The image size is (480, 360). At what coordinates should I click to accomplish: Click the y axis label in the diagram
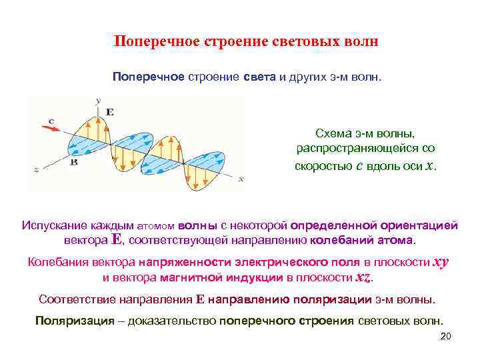(x=98, y=100)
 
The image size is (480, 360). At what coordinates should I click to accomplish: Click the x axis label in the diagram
(x=241, y=179)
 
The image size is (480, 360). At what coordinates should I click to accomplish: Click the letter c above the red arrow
(x=51, y=120)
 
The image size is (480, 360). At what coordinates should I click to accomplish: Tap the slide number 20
(x=446, y=336)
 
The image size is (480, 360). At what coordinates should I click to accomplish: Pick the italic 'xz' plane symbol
(x=362, y=277)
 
